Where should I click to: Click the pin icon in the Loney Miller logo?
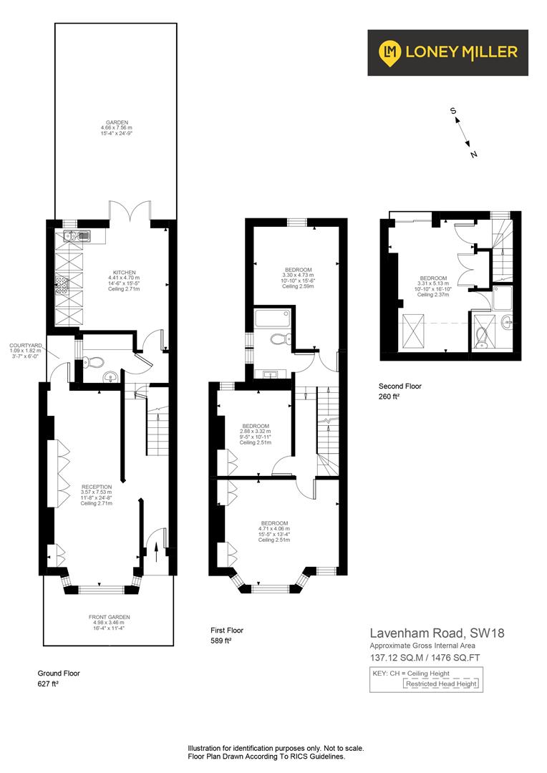point(390,52)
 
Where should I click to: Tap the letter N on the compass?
point(473,153)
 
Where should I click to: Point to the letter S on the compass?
point(452,111)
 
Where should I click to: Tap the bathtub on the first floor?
point(272,316)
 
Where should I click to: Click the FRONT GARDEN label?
point(110,617)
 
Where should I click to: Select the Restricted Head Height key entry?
point(440,684)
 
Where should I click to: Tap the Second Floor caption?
point(400,386)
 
